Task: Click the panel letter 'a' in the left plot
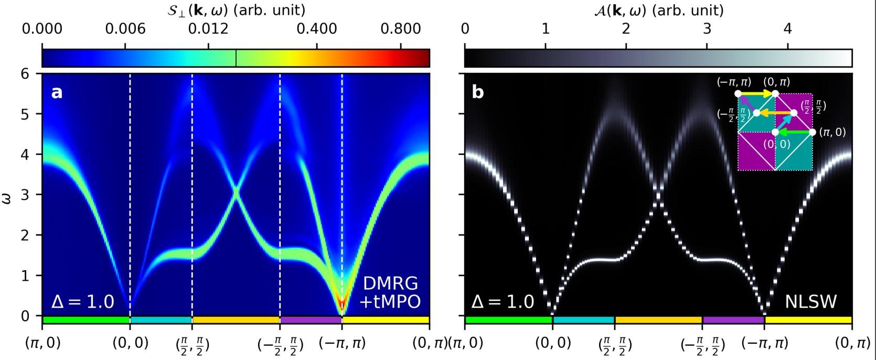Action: (57, 92)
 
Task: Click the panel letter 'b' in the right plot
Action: (478, 92)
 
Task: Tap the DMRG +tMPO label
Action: (390, 292)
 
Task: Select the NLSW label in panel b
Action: (810, 301)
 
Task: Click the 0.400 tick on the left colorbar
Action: (316, 28)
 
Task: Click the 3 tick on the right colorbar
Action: (707, 28)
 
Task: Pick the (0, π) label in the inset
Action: (776, 82)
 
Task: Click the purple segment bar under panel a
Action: (311, 320)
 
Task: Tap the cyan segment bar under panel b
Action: (583, 320)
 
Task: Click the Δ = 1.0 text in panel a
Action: (82, 302)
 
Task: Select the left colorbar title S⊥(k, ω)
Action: (236, 10)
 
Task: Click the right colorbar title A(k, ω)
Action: (658, 10)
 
